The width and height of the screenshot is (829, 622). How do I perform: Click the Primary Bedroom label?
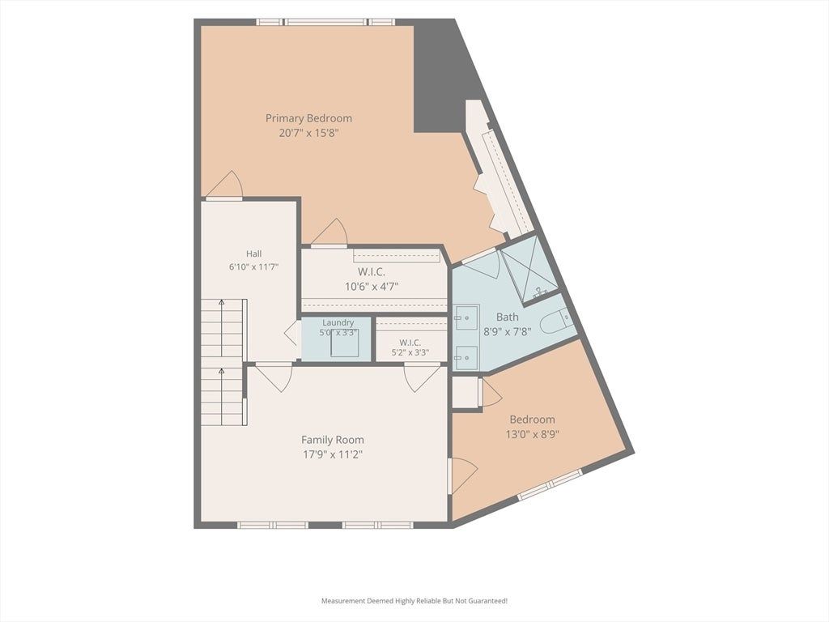click(x=308, y=118)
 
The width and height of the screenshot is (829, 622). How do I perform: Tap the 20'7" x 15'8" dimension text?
click(x=308, y=133)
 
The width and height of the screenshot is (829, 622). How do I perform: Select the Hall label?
click(x=253, y=253)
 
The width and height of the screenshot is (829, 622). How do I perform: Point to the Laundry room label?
click(x=338, y=322)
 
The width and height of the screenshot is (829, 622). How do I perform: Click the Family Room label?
click(x=333, y=440)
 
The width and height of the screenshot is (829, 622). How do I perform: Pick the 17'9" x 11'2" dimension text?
click(x=333, y=454)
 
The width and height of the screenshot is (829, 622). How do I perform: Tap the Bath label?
click(x=507, y=317)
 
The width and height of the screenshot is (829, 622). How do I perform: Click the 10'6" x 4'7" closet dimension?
click(x=372, y=287)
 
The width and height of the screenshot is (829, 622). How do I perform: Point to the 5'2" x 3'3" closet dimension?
click(x=410, y=353)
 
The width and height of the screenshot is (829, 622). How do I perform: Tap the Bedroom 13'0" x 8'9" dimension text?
click(x=533, y=434)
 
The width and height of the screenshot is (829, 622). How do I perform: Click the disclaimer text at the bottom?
click(x=414, y=601)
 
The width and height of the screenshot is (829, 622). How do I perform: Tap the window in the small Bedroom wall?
click(x=550, y=484)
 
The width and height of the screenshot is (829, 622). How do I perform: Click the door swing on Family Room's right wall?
click(x=463, y=475)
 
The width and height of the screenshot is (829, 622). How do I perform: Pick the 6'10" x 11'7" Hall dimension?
click(x=253, y=267)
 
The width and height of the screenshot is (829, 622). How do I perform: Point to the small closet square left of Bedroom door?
click(x=466, y=392)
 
